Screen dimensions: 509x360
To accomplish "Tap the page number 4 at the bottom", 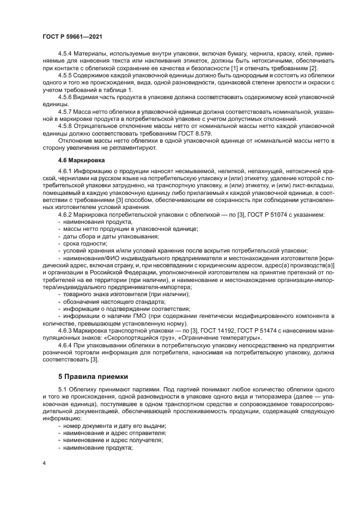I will click(x=44, y=462).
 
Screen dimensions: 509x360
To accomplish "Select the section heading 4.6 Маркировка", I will click(x=81, y=161).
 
